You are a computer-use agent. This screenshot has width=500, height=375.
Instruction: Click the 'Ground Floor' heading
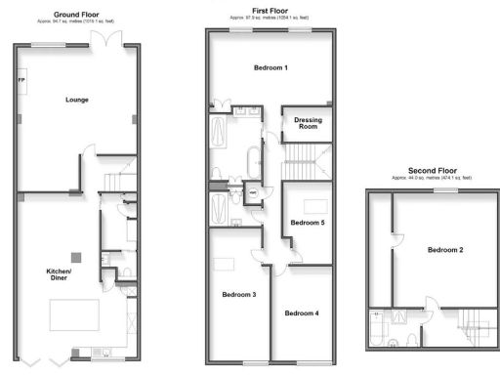(79, 15)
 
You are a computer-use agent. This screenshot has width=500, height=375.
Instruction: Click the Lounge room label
(77, 100)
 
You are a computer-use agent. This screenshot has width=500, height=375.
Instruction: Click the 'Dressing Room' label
(308, 123)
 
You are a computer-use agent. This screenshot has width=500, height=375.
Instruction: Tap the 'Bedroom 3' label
(238, 295)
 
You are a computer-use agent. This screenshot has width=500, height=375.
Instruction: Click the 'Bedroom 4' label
(302, 312)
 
